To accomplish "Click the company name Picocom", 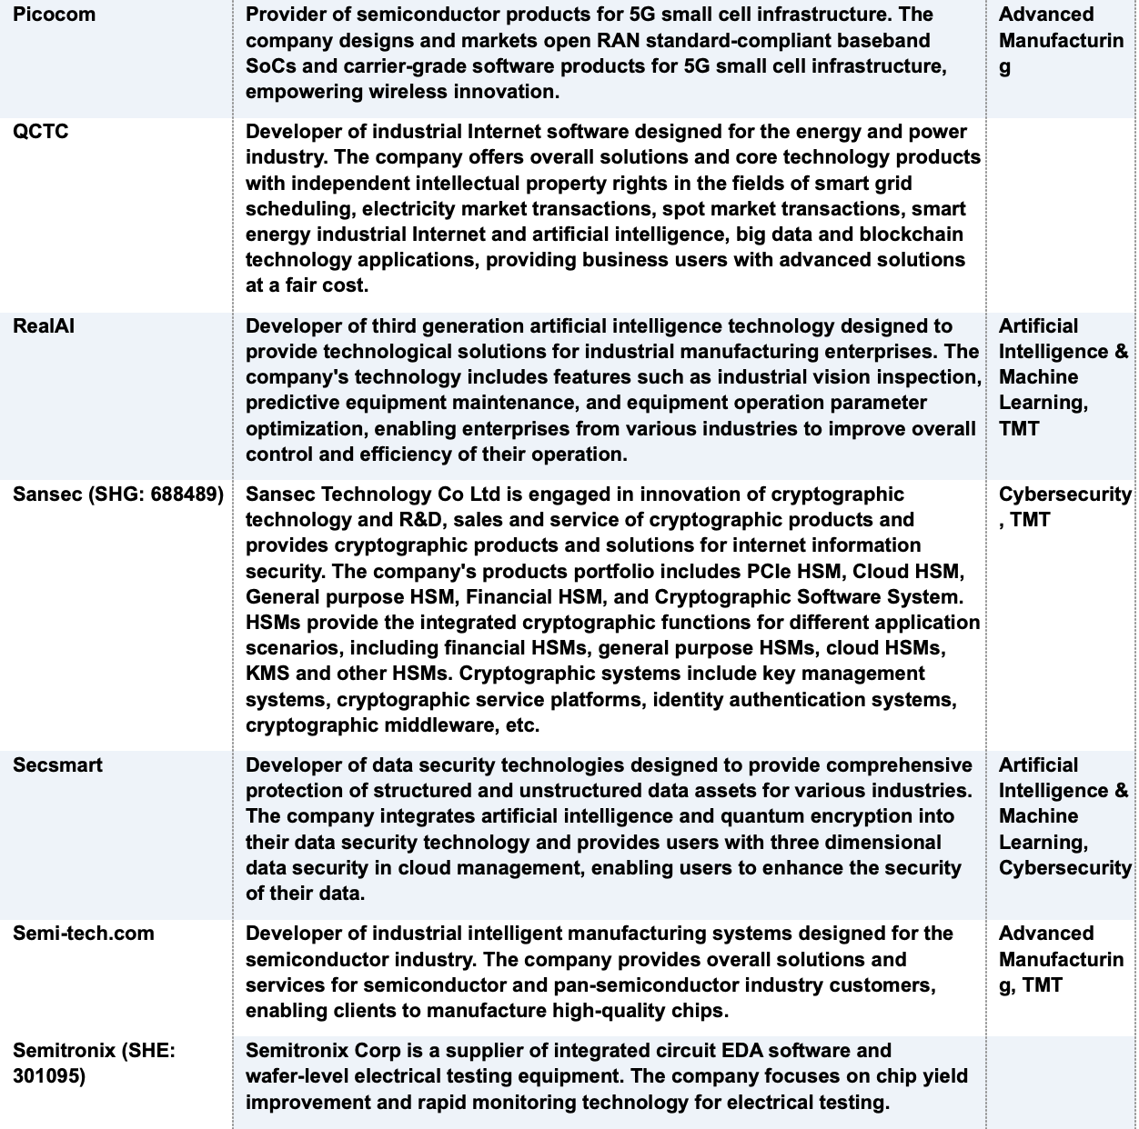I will click(54, 15).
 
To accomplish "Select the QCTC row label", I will click(40, 132).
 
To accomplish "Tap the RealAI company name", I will click(44, 326).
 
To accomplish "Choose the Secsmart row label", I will click(57, 765).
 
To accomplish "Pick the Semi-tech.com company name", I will click(84, 934).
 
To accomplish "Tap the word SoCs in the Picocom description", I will click(269, 66).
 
